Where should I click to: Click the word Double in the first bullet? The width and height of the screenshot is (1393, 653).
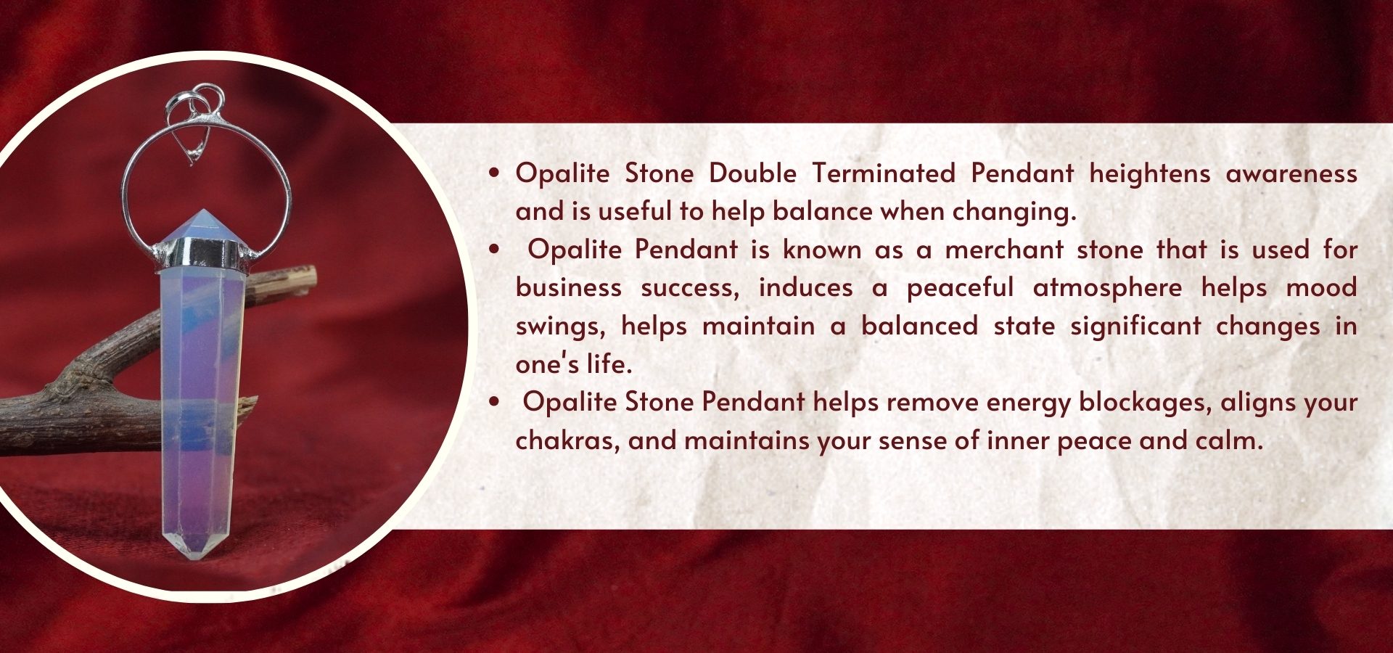click(x=752, y=173)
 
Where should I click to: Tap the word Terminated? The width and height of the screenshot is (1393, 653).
click(x=883, y=173)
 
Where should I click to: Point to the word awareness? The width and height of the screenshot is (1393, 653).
click(x=1291, y=174)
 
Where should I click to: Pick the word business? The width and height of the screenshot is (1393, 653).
click(x=569, y=287)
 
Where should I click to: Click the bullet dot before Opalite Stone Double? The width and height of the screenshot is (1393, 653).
click(x=494, y=173)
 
